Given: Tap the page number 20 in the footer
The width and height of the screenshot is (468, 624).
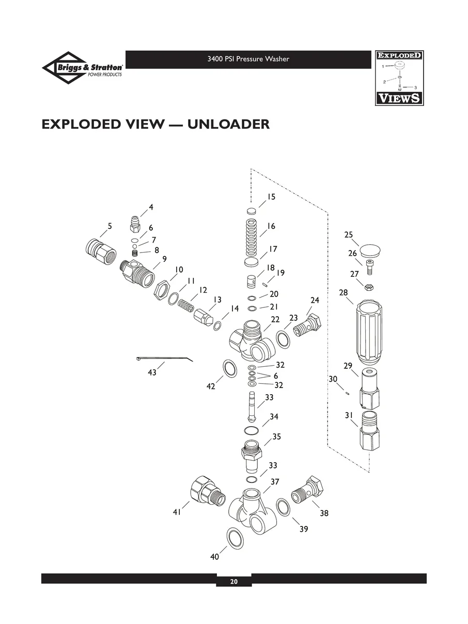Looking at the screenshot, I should pyautogui.click(x=233, y=582).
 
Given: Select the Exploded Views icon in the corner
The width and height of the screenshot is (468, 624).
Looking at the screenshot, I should pyautogui.click(x=398, y=78).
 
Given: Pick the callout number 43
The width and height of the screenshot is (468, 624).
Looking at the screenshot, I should pyautogui.click(x=152, y=372).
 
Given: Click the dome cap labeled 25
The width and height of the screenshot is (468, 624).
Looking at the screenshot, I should pyautogui.click(x=368, y=252).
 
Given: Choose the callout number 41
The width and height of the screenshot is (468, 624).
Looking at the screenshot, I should pyautogui.click(x=177, y=512).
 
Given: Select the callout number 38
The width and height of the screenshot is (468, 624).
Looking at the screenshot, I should pyautogui.click(x=324, y=513).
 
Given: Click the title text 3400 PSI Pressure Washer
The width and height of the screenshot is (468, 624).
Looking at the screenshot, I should pyautogui.click(x=248, y=59).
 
